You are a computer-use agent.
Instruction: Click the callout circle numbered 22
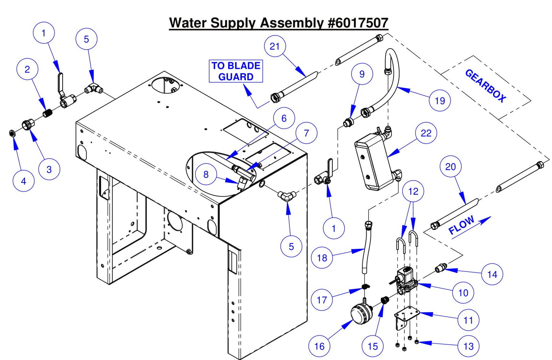pos(426,133)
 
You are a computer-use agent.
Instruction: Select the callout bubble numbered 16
pos(319,346)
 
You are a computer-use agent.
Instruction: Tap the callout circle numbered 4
pos(24,181)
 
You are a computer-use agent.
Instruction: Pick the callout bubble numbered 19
pos(440,101)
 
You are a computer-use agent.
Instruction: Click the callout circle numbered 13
pos(468,346)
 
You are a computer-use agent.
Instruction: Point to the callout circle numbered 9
pos(362,74)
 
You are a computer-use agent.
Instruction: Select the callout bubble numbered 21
pos(275,46)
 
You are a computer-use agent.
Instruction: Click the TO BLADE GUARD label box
pos(236,71)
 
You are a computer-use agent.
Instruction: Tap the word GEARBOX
pos(485,86)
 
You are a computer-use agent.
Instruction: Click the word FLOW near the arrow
pos(461,225)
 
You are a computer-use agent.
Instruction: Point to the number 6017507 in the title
pos(358,23)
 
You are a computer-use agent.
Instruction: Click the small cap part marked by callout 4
pos(11,133)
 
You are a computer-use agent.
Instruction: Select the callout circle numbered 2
pos(27,69)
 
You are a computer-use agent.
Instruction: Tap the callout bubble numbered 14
pos(492,274)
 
